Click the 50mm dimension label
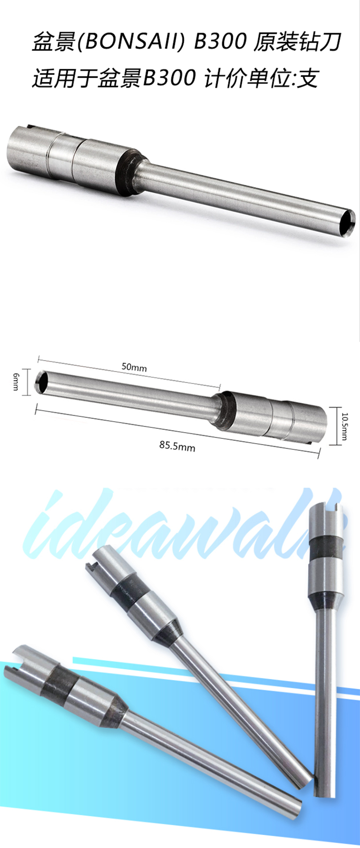click(x=134, y=367)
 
